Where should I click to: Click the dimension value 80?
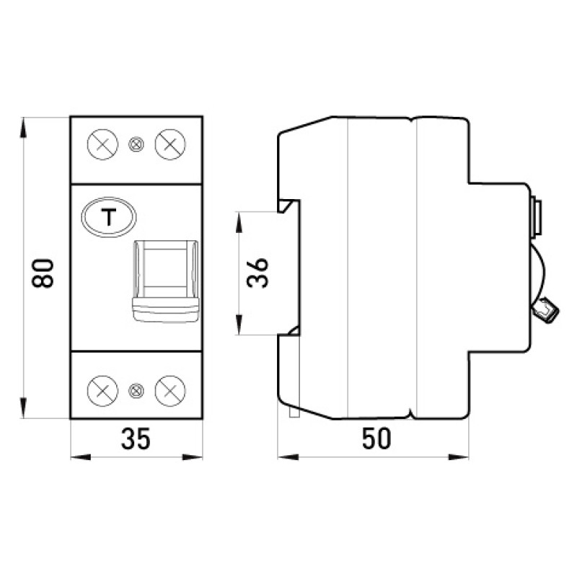click(x=43, y=273)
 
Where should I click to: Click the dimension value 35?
click(x=136, y=439)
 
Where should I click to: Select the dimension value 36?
click(x=257, y=273)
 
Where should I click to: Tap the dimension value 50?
click(x=376, y=439)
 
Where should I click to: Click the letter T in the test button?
click(x=109, y=217)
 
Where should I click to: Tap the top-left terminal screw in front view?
click(x=102, y=144)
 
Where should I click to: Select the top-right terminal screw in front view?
click(x=170, y=144)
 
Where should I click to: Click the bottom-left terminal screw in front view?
click(x=102, y=390)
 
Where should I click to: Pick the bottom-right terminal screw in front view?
click(x=170, y=390)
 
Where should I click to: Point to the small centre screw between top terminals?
click(x=136, y=144)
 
